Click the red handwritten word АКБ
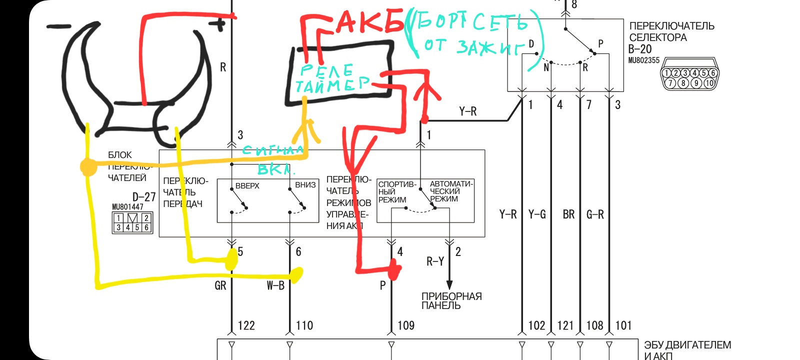point(370,22)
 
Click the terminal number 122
point(246,325)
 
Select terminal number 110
point(304,325)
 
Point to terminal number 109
point(405,325)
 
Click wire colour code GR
point(220,285)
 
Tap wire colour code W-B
point(275,285)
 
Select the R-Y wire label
point(435,261)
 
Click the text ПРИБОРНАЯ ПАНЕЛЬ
point(451,300)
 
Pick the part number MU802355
point(643,60)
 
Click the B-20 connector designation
point(639,49)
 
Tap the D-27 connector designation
point(144,196)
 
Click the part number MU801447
point(127,206)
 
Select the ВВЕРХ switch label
point(247,185)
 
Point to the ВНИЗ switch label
point(305,185)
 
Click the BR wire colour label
point(568,214)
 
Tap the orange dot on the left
point(88,166)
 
